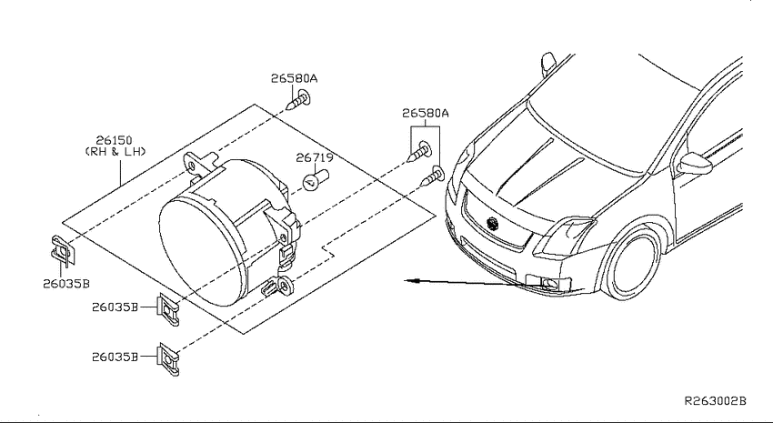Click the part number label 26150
click(114, 140)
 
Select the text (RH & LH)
click(115, 152)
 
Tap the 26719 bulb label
click(315, 157)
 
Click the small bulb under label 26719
click(315, 179)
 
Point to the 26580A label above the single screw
click(294, 78)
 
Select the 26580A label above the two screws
click(426, 114)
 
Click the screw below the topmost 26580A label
click(298, 101)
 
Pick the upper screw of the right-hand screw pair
click(420, 151)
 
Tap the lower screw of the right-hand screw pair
click(432, 177)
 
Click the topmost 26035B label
click(66, 284)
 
